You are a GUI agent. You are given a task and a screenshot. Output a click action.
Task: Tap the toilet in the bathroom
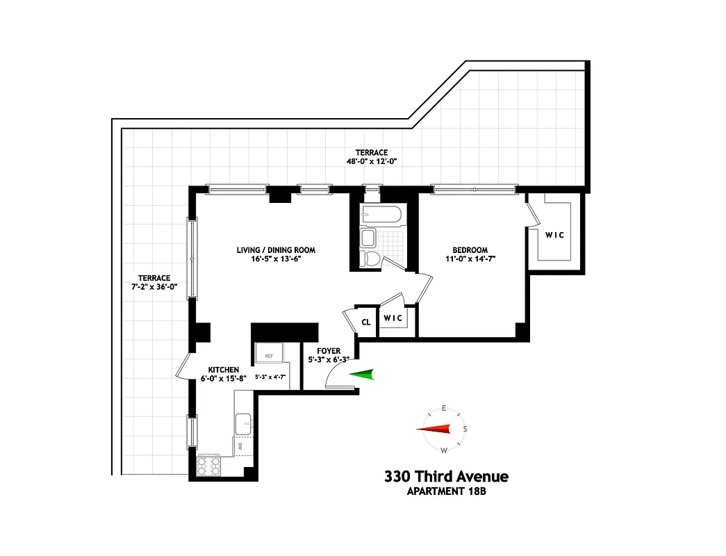tap(371, 259)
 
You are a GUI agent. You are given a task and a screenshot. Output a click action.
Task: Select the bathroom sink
tap(368, 238)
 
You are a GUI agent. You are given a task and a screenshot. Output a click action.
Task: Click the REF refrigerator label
tap(269, 356)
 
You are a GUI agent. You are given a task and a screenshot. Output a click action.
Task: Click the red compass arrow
tap(434, 430)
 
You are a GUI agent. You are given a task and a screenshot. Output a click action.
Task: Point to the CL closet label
tap(365, 322)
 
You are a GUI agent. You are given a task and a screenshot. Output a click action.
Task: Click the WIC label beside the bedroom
tap(554, 235)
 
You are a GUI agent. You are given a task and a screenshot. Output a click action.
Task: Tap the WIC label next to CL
tap(393, 318)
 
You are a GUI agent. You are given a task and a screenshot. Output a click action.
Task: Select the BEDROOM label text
tap(470, 250)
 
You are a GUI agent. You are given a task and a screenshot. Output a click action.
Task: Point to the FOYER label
tap(329, 351)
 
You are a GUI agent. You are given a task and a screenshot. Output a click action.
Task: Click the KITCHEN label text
tap(224, 370)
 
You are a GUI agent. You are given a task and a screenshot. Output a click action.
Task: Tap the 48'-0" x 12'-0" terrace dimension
tap(372, 162)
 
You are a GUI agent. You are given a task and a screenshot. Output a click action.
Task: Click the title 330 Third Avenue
tap(446, 477)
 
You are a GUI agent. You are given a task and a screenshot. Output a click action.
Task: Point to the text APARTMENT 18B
tap(446, 493)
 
